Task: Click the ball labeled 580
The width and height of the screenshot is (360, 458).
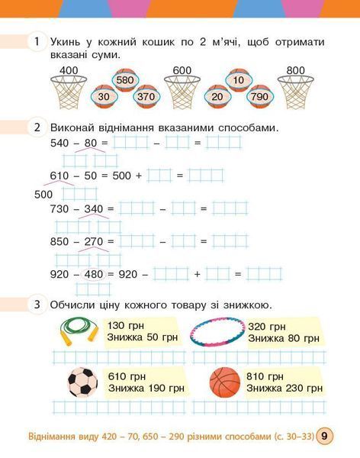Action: [x=125, y=79]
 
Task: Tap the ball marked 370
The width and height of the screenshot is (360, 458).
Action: [x=146, y=96]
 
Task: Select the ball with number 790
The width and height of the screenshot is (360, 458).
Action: [x=259, y=96]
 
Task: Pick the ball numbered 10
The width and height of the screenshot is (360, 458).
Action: [x=239, y=79]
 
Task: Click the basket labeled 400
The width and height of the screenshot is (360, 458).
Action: [x=69, y=92]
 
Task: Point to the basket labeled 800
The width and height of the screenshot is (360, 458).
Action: [x=295, y=92]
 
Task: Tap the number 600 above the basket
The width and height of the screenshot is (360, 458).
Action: [x=182, y=70]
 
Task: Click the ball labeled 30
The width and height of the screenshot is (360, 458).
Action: [x=104, y=96]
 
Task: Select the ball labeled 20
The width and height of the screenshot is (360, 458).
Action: [x=217, y=96]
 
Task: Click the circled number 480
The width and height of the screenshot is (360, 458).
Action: [x=94, y=274]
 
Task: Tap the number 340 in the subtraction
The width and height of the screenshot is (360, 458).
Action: [x=94, y=209]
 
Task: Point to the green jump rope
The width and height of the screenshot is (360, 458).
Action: [x=79, y=331]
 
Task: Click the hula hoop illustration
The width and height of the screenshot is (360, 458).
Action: [x=217, y=332]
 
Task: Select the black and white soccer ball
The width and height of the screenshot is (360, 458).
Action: [x=82, y=382]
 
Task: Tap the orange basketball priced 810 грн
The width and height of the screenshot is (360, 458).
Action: [x=225, y=382]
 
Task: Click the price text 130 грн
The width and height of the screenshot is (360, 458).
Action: [x=126, y=325]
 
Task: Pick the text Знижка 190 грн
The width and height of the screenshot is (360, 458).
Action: [x=146, y=389]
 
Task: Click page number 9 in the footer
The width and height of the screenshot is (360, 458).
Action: [x=324, y=436]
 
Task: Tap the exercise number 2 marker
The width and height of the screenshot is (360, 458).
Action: [x=37, y=127]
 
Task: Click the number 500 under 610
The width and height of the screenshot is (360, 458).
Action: [x=43, y=194]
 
